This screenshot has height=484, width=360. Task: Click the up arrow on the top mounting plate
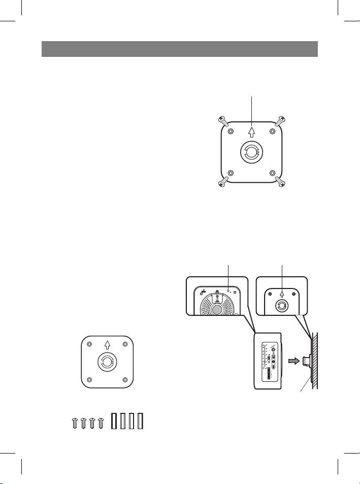251,132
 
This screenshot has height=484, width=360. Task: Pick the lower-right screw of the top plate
279,182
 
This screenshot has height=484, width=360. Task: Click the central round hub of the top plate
251,152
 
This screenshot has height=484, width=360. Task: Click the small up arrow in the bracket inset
282,293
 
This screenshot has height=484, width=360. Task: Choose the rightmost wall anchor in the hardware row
141,422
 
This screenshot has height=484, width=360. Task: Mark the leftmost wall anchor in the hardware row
114,422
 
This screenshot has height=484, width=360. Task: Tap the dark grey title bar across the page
179,49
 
